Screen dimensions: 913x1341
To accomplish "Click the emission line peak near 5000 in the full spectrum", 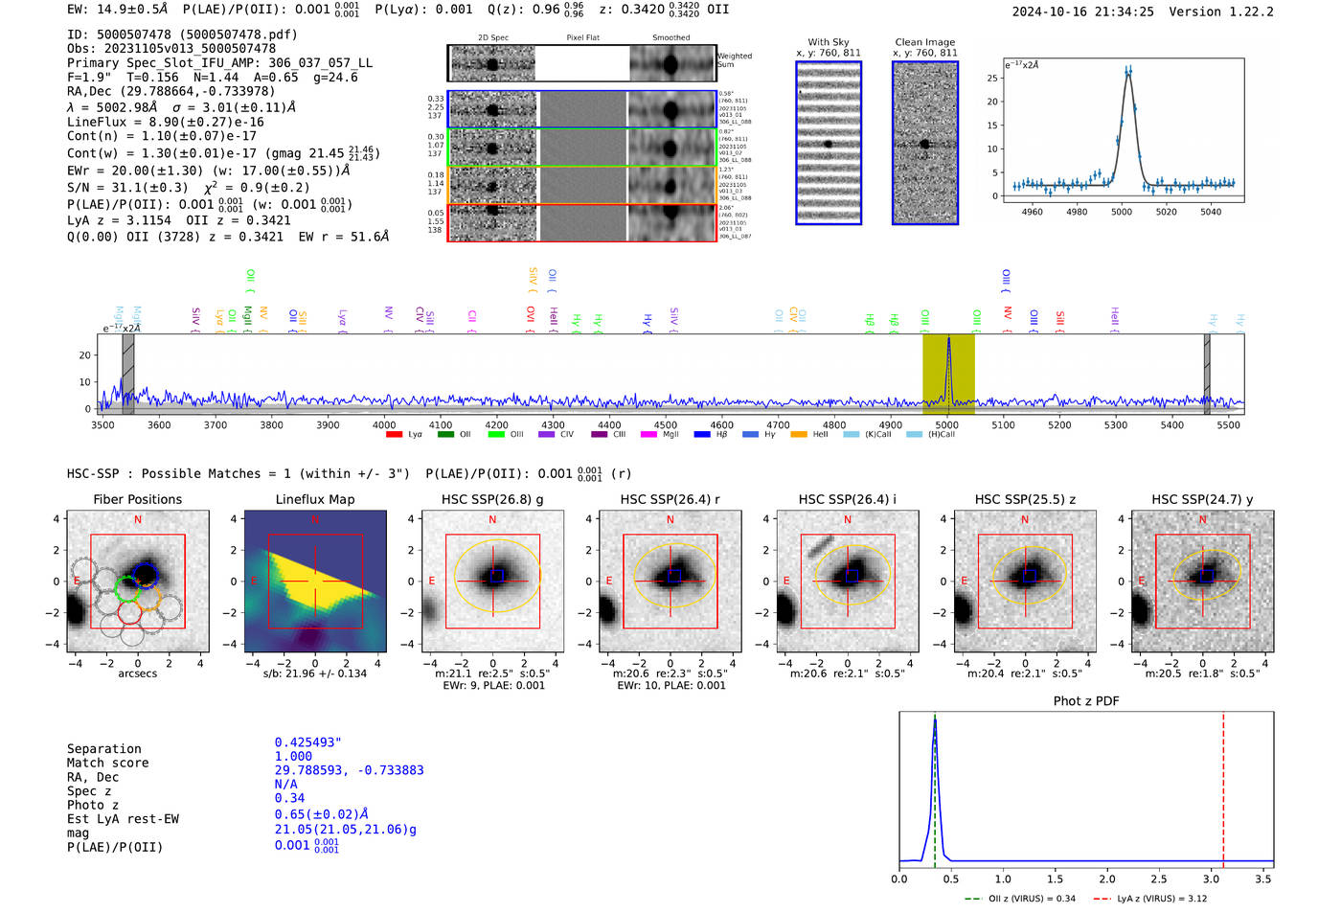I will (x=948, y=339).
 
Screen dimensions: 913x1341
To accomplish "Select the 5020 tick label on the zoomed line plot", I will (x=1166, y=212).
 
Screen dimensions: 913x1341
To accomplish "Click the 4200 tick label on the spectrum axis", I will (x=496, y=424).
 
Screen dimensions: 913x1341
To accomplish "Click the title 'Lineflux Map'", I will (x=314, y=499).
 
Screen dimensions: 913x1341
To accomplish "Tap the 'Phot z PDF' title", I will (x=1086, y=700).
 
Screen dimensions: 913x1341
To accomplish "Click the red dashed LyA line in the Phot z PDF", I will (x=1223, y=786).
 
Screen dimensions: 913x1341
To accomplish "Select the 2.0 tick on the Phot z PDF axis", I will (x=1107, y=879).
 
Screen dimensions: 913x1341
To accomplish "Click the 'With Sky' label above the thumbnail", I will (x=828, y=42).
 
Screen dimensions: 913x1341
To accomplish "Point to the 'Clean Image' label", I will (x=924, y=42).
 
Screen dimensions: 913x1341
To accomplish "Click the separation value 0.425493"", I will (x=308, y=742).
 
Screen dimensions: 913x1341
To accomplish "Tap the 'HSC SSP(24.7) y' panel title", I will (x=1202, y=499).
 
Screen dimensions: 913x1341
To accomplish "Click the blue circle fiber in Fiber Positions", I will (x=146, y=574).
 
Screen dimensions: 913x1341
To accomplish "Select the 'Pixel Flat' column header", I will (x=582, y=37).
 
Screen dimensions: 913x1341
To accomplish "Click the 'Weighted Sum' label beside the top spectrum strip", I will (x=735, y=60).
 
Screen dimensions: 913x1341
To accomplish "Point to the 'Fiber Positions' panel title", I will (x=137, y=499).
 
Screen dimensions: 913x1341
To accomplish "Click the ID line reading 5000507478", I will (x=182, y=34).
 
